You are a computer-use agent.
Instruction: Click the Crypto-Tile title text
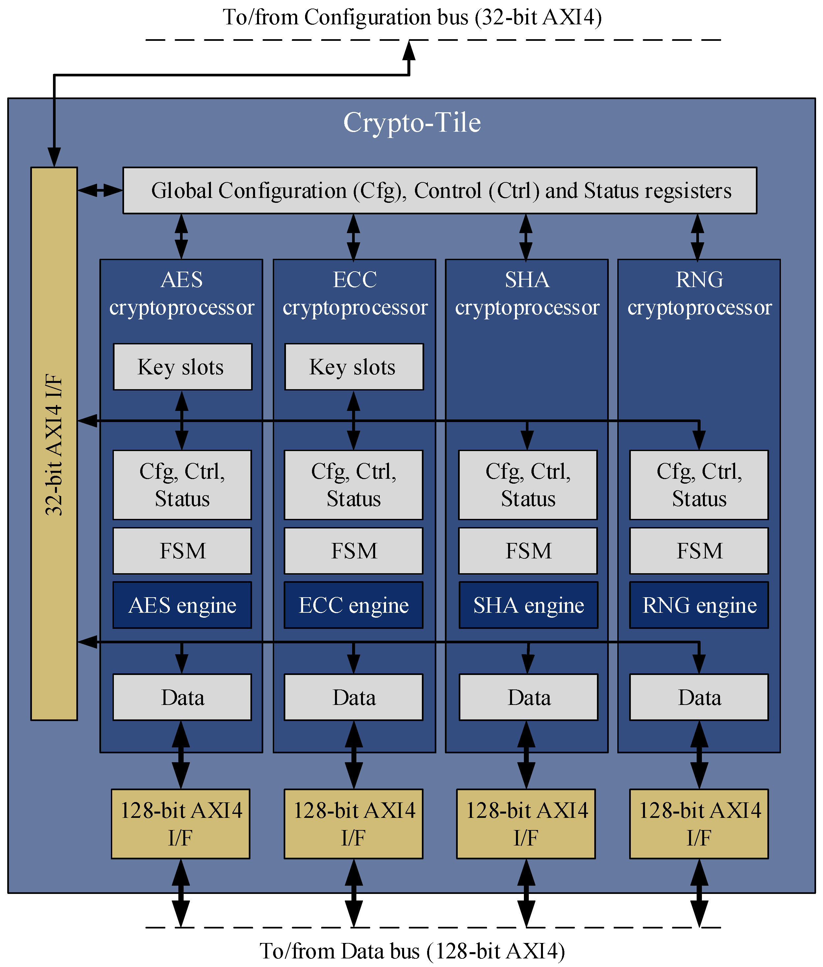coord(412,123)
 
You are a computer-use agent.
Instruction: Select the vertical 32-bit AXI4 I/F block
coord(54,443)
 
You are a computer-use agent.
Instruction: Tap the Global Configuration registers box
coord(440,190)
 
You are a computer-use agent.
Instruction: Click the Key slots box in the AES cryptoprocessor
coord(182,367)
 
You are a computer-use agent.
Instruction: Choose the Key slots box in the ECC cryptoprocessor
coord(354,367)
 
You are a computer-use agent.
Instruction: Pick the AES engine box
coord(182,605)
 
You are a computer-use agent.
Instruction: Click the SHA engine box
coord(528,605)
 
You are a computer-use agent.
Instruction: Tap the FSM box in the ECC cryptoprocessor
coord(354,551)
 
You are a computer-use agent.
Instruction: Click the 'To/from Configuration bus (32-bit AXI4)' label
coord(412,17)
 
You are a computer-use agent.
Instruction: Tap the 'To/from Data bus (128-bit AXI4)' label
coord(412,951)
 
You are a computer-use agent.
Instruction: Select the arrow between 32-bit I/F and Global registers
coord(100,190)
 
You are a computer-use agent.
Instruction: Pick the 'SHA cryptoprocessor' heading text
coord(527,293)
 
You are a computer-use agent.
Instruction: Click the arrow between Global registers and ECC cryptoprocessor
coord(354,237)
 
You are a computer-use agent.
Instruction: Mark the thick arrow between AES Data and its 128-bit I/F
coord(181,755)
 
